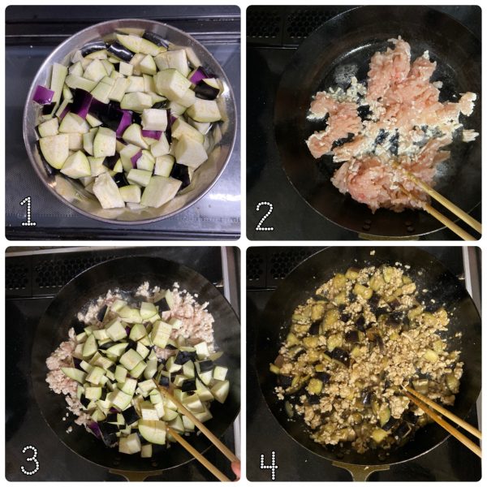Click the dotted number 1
coord(28,211)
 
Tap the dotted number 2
coord(265,216)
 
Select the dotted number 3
coord(30,459)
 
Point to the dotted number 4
coord(269,465)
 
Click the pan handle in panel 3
coord(136,475)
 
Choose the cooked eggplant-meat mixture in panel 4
coord(367,357)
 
